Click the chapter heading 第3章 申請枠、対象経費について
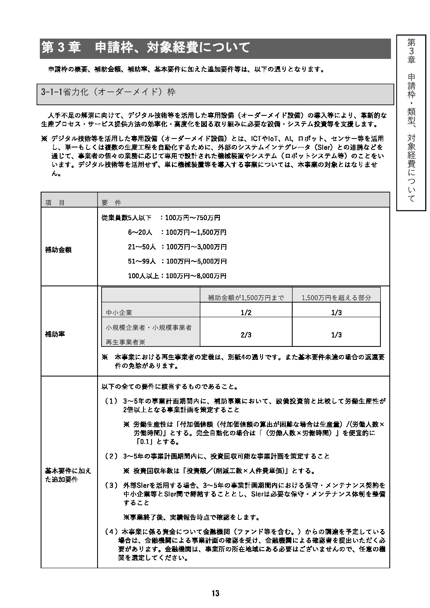point(146,48)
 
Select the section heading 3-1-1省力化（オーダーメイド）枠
point(109,93)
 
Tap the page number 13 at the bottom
point(215,593)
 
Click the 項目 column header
point(55,202)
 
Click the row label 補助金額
point(58,250)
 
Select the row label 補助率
point(55,334)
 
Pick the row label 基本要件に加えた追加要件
point(68,475)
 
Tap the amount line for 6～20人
point(177,233)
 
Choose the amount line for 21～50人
point(177,247)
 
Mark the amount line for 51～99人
point(177,261)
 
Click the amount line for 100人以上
point(177,276)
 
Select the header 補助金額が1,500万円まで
point(246,298)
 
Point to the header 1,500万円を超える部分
point(336,298)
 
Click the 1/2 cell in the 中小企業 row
point(246,312)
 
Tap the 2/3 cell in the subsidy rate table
point(246,335)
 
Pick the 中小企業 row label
point(119,313)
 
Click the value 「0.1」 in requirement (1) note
point(146,442)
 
